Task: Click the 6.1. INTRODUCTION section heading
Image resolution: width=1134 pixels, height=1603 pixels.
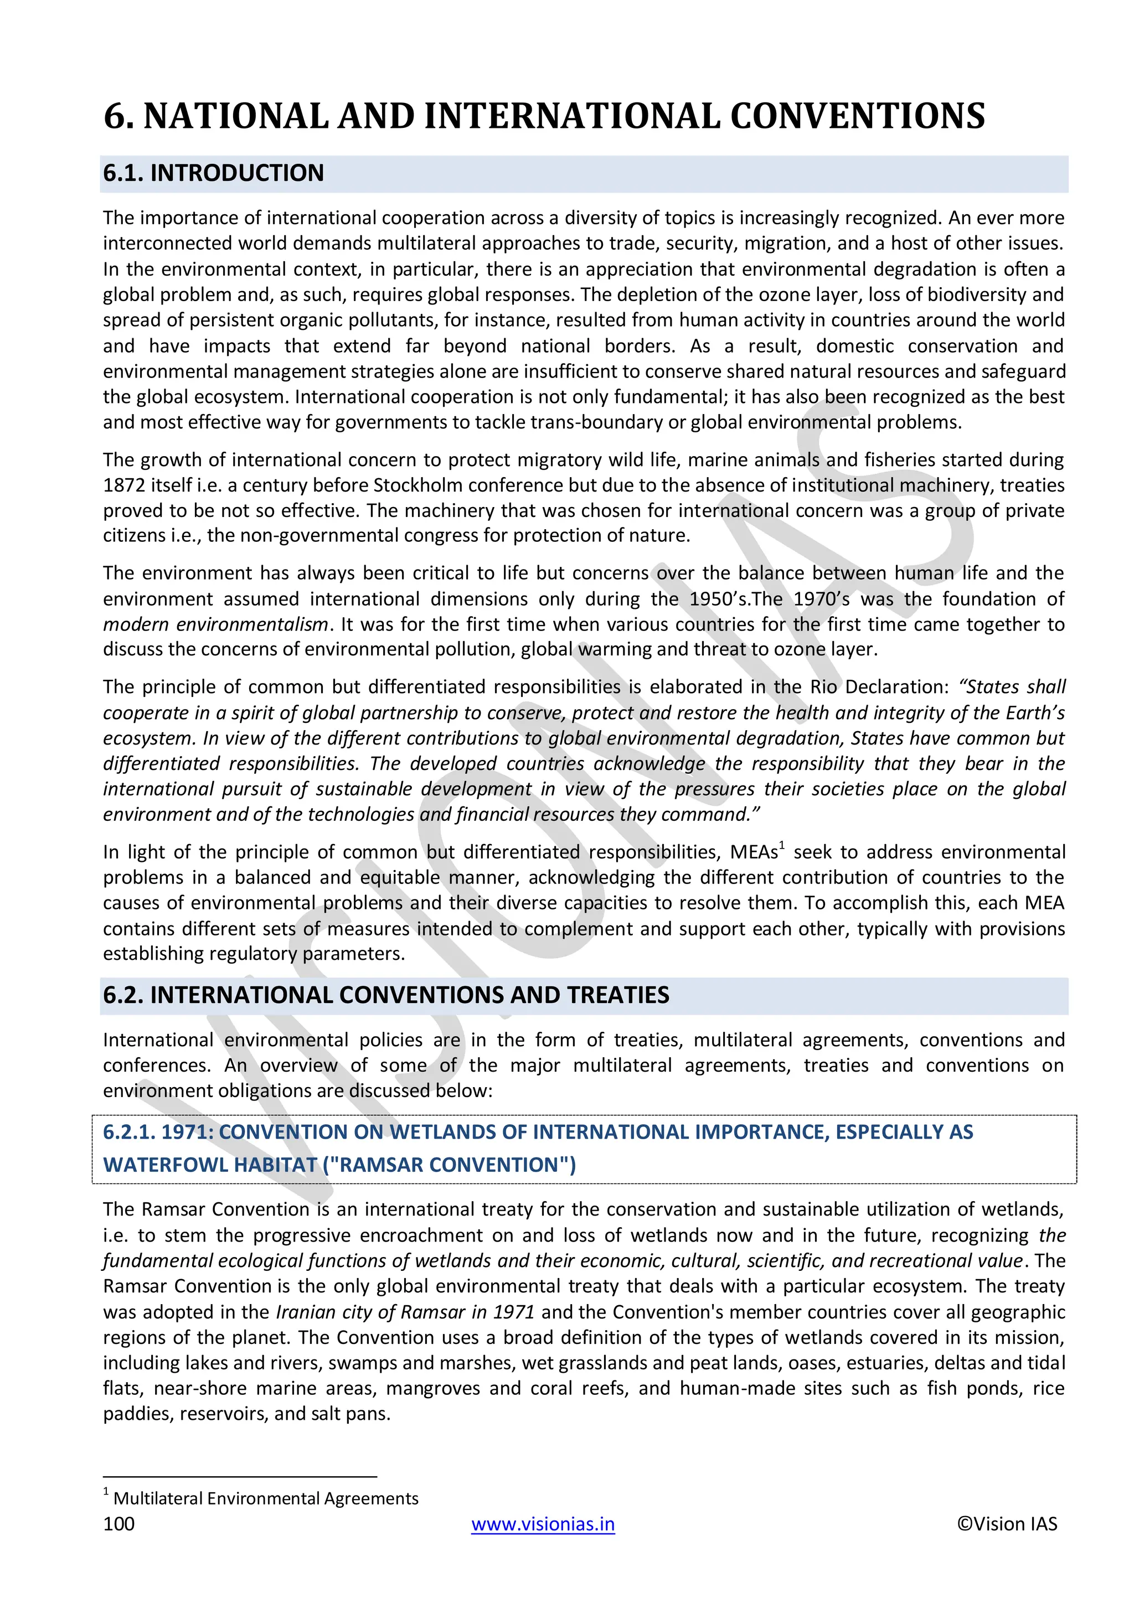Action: [213, 173]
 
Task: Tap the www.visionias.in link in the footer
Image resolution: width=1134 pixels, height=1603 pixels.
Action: [543, 1523]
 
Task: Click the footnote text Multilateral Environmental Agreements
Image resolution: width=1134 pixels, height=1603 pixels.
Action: [265, 1498]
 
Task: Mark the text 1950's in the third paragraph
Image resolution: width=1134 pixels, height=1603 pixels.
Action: [718, 599]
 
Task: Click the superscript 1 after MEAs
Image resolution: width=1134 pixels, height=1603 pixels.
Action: [782, 846]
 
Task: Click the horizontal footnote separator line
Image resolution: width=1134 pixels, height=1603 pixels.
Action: [240, 1477]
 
